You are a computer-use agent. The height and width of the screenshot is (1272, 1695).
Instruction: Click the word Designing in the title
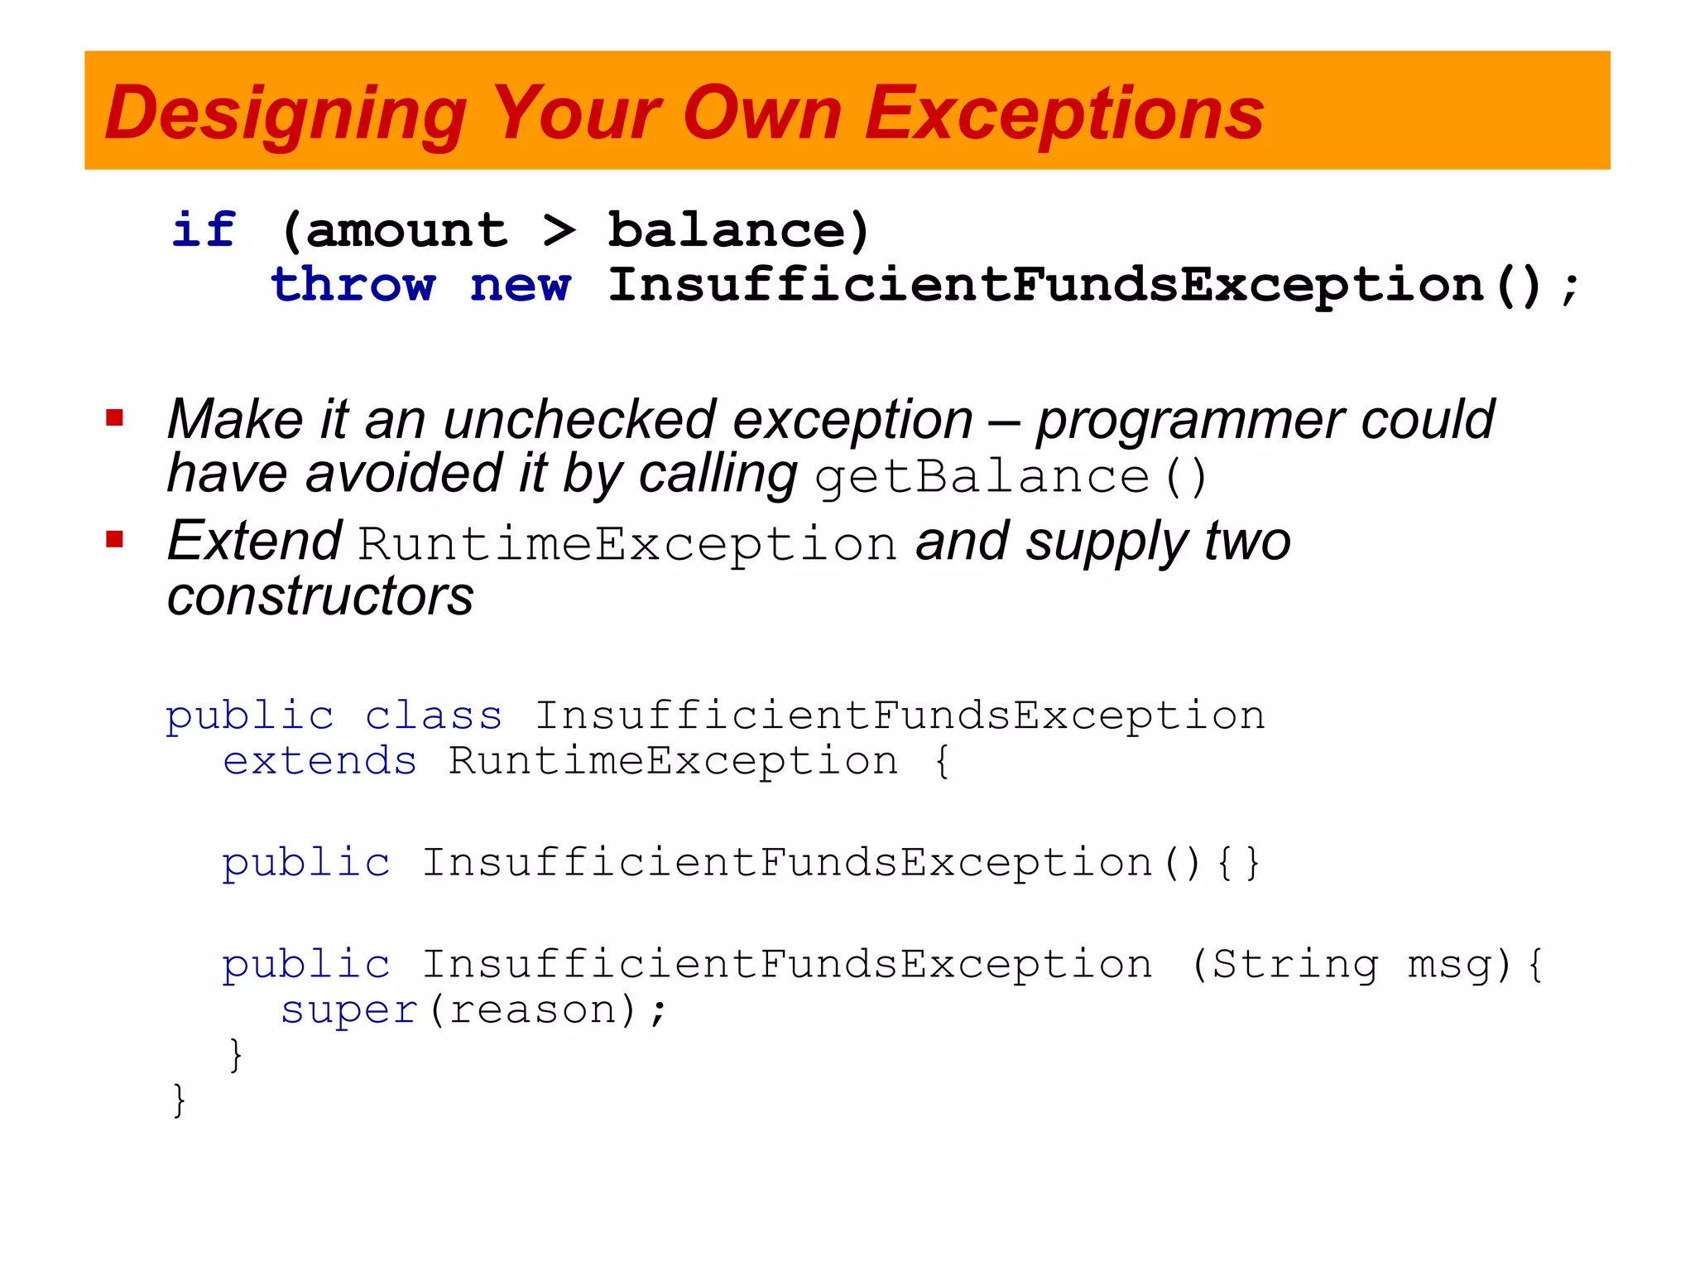tap(286, 114)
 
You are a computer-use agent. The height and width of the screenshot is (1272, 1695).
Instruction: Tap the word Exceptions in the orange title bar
tap(1064, 114)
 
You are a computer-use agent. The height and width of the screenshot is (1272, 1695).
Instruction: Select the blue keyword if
tap(204, 229)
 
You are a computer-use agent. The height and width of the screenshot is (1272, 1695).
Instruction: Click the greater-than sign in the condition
tap(559, 230)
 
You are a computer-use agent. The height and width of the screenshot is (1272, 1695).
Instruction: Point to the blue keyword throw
tap(353, 286)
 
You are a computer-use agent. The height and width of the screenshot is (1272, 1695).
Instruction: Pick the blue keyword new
tap(521, 286)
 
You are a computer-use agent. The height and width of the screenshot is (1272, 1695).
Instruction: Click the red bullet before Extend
tap(115, 540)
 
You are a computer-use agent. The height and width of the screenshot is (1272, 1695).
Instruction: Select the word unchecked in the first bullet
tap(579, 419)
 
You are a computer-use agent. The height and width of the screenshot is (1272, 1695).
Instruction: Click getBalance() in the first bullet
tap(1010, 476)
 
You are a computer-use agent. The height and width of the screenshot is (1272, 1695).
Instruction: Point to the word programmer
tap(1188, 421)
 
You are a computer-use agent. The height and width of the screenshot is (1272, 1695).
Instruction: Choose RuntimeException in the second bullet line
tap(627, 544)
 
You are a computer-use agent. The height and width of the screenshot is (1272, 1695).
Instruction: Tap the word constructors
tap(320, 596)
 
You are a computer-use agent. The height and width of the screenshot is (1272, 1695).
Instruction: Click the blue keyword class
tap(434, 715)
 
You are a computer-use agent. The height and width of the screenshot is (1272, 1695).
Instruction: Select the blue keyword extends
tap(319, 761)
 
